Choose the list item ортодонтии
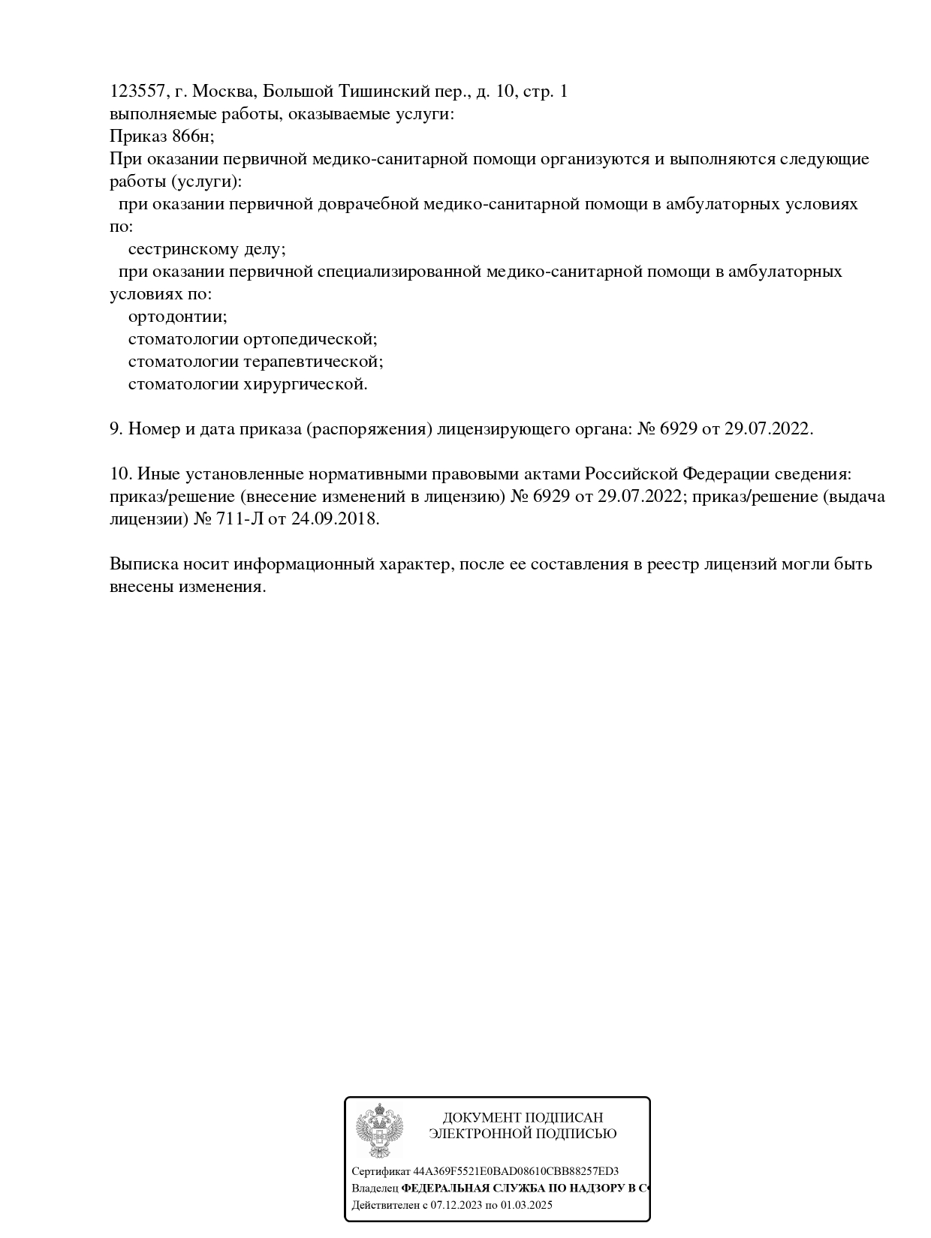click(177, 317)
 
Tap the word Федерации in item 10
click(726, 474)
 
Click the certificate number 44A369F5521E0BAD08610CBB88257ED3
click(516, 1171)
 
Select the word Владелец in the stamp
click(375, 1188)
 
